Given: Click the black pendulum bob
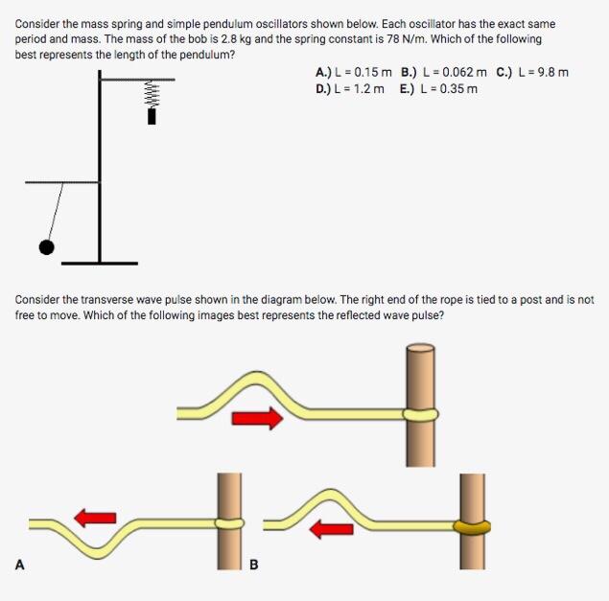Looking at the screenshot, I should [x=46, y=247].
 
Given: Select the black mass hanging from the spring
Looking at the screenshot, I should [x=152, y=117].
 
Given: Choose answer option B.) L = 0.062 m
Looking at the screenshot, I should [x=444, y=72].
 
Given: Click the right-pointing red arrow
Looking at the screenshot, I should [x=258, y=418].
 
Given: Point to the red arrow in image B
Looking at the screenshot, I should [x=331, y=528].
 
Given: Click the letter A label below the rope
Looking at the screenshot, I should [x=19, y=565].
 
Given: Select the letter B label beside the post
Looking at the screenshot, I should [x=254, y=565].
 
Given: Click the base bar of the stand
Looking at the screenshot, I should [x=100, y=262].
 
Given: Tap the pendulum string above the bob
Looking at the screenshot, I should [x=56, y=211].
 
